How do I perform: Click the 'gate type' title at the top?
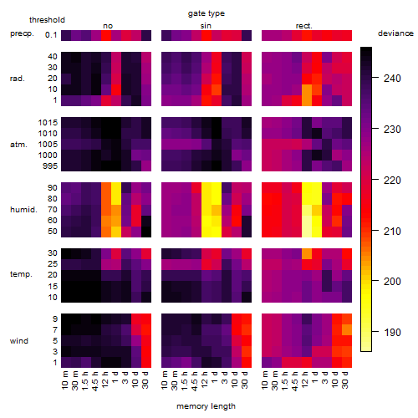point(206,13)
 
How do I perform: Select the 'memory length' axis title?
point(206,406)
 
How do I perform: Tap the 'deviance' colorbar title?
point(395,33)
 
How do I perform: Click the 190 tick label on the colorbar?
point(392,332)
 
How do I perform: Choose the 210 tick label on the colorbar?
point(392,231)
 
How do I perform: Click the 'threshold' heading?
point(47,20)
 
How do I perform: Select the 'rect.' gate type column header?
point(303,26)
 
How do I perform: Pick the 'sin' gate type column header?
point(206,26)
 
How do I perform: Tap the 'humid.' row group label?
point(23,210)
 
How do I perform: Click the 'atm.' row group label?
point(18,145)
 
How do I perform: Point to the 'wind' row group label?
point(19,341)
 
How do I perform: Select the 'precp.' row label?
point(22,33)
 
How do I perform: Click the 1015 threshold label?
point(48,123)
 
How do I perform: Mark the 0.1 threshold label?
point(51,35)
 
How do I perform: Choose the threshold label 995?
point(50,166)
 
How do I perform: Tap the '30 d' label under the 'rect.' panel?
point(345,380)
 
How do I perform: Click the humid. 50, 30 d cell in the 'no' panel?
point(146,232)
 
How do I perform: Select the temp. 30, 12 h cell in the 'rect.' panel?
point(307,253)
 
